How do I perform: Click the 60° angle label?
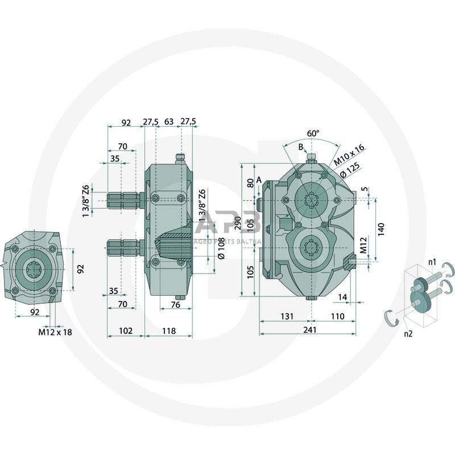pyautogui.click(x=313, y=133)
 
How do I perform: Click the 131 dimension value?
pyautogui.click(x=286, y=316)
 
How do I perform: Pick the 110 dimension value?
pyautogui.click(x=337, y=316)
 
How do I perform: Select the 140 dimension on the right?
pyautogui.click(x=381, y=229)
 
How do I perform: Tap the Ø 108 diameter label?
pyautogui.click(x=221, y=248)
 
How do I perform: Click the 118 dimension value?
pyautogui.click(x=168, y=330)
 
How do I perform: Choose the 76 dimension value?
pyautogui.click(x=176, y=305)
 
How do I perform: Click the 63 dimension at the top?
pyautogui.click(x=169, y=122)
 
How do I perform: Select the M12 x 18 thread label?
pyautogui.click(x=55, y=332)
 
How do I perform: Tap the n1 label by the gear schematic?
pyautogui.click(x=432, y=263)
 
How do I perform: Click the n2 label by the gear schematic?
pyautogui.click(x=408, y=334)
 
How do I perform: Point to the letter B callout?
pyautogui.click(x=301, y=147)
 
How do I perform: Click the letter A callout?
pyautogui.click(x=259, y=180)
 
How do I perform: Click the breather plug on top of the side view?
pyautogui.click(x=181, y=158)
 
